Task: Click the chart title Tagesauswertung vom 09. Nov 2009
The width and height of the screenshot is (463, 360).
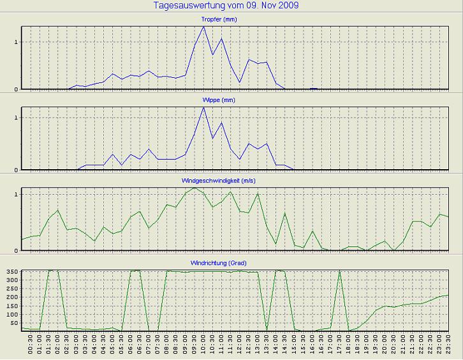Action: point(227,6)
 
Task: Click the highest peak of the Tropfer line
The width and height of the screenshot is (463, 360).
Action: point(203,27)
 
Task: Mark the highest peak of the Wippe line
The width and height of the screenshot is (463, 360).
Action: point(203,107)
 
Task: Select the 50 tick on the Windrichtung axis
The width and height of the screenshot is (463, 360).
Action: point(13,323)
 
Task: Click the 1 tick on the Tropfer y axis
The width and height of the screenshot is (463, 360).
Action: point(16,42)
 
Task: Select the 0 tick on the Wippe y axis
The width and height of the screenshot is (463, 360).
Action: point(16,170)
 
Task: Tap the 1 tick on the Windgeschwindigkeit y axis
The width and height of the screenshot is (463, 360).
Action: point(16,193)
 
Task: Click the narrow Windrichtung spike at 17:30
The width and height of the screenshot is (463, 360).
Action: point(339,272)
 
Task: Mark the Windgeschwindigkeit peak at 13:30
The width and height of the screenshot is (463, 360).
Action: point(258,193)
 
